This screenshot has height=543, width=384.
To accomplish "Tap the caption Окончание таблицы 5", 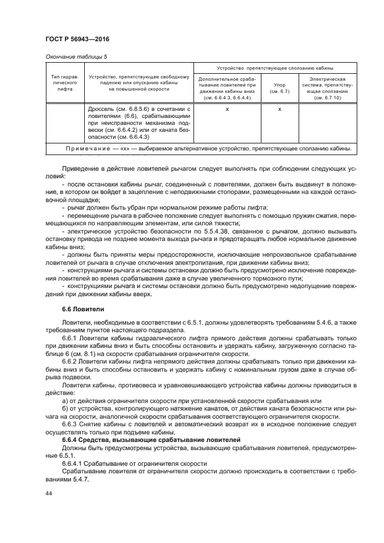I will pyautogui.click(x=76, y=56).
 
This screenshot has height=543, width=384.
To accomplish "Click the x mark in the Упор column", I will pyautogui.click(x=279, y=109).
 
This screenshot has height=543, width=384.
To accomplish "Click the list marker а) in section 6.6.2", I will pyautogui.click(x=65, y=400).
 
